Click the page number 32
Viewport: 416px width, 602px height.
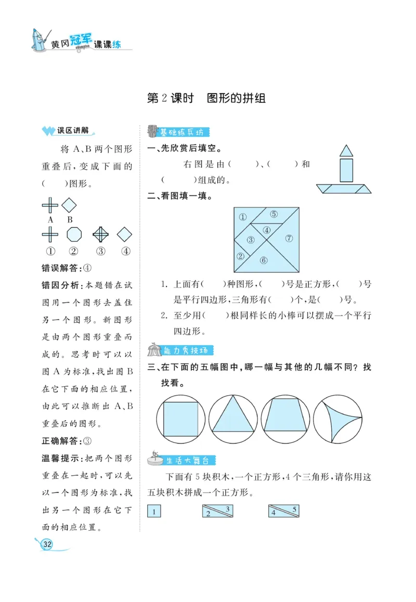[x=47, y=544]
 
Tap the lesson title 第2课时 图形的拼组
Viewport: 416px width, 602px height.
[x=206, y=98]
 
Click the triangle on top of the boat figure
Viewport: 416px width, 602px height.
[x=346, y=150]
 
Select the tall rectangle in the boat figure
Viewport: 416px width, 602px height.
[x=346, y=170]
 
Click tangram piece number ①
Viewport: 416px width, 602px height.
[x=242, y=217]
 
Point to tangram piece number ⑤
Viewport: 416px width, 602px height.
[x=274, y=214]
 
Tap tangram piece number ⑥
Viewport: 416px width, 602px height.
[x=264, y=260]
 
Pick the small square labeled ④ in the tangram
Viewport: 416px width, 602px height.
[x=267, y=230]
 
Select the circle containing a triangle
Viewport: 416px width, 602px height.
[x=233, y=418]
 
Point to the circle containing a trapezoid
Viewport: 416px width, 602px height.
[x=285, y=418]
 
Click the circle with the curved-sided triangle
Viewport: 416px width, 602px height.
[x=338, y=418]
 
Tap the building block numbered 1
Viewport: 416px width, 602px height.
[x=154, y=512]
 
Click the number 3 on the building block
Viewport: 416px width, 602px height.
[x=228, y=508]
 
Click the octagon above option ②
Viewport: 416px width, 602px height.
[x=74, y=234]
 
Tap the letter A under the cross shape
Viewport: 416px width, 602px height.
[x=50, y=219]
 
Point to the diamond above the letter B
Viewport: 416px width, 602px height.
[x=69, y=205]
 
